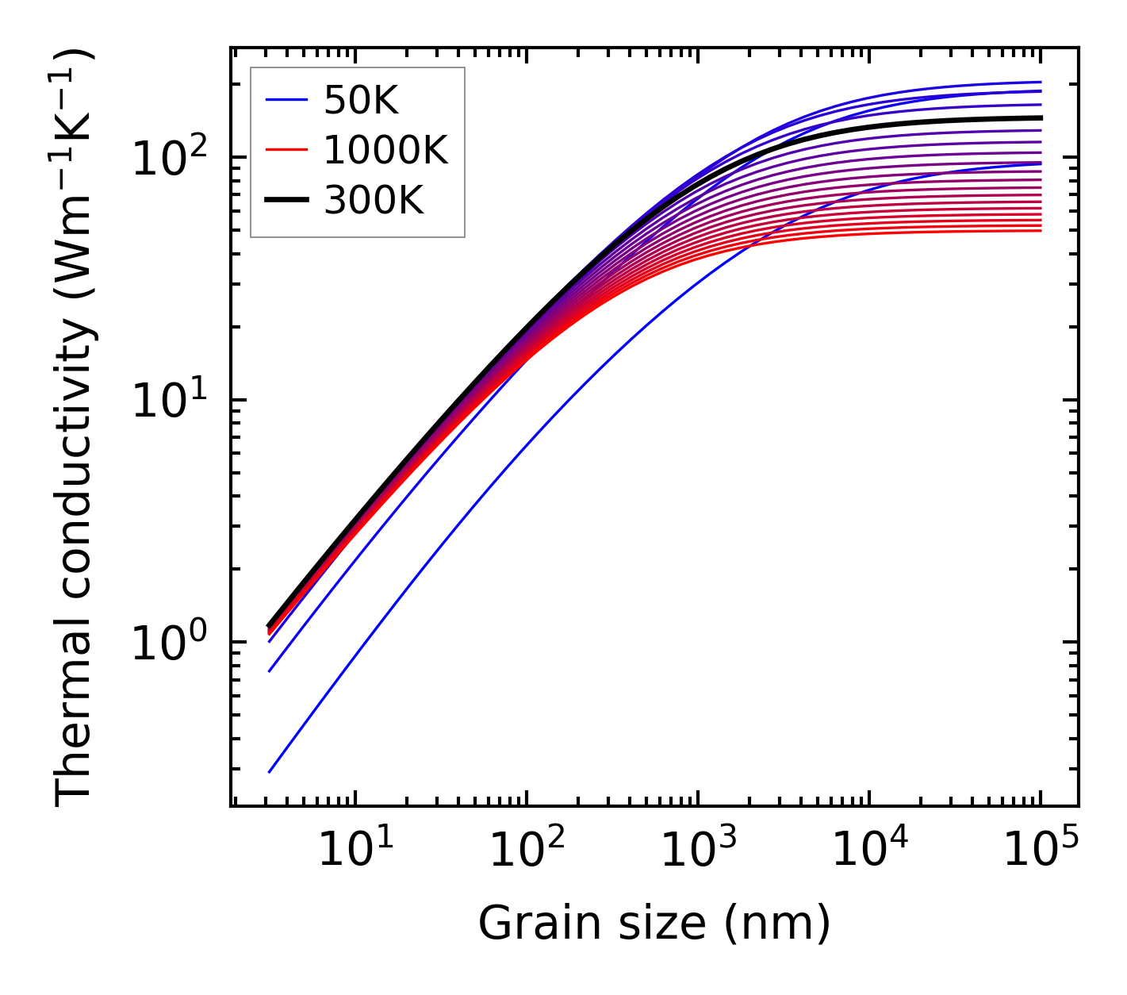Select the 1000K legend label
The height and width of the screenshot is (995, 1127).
[x=386, y=151]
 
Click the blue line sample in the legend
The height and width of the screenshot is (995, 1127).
[x=286, y=101]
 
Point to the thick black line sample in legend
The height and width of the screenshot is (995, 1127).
[x=286, y=201]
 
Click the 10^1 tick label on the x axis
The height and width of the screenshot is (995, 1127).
[x=354, y=851]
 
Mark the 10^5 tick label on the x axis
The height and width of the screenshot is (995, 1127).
[x=1040, y=851]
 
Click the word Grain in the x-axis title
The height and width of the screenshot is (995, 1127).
[x=523, y=924]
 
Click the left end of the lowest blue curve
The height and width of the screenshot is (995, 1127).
[x=270, y=771]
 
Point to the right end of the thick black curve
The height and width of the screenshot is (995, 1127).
[x=1040, y=117]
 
